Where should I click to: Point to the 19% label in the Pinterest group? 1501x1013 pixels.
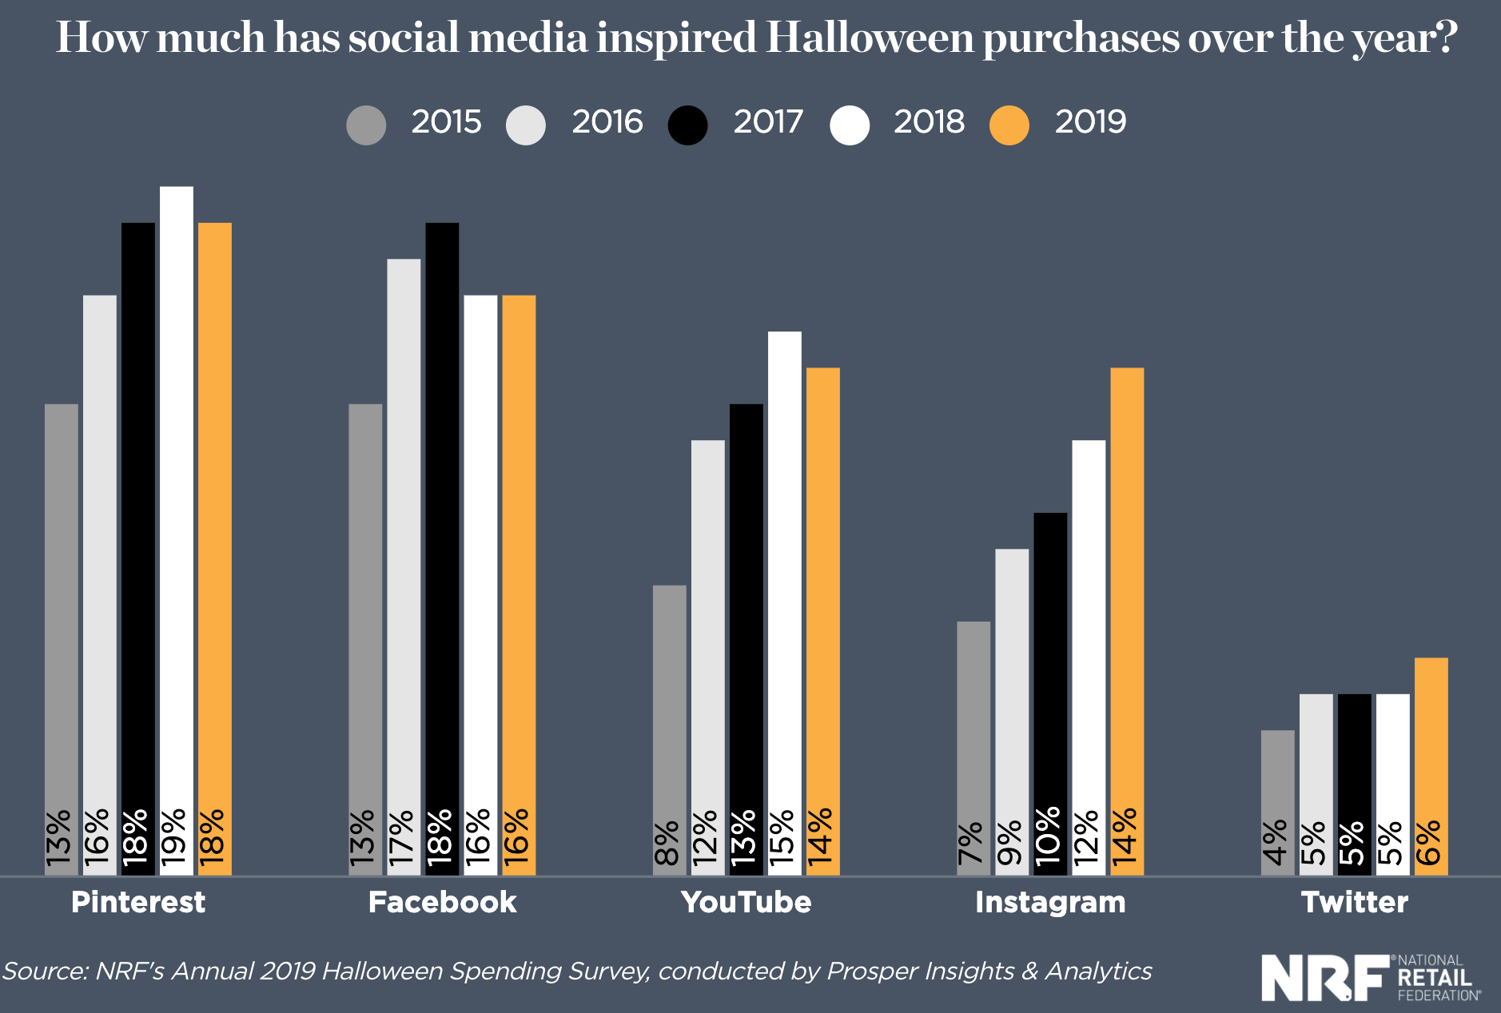(x=174, y=836)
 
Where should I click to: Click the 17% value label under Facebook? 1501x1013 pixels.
(x=402, y=836)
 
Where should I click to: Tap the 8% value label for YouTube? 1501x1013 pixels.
(x=668, y=843)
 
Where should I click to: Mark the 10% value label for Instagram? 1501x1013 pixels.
(x=1049, y=836)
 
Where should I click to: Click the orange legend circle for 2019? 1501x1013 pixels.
(x=1009, y=125)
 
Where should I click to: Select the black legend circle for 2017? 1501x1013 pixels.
(x=687, y=125)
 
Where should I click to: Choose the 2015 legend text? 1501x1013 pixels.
(x=446, y=122)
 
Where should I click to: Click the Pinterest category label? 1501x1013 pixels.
(x=138, y=902)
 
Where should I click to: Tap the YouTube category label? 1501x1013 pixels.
(x=746, y=902)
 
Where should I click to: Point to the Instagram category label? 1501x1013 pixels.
(x=1050, y=902)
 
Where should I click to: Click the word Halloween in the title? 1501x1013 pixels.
(x=870, y=38)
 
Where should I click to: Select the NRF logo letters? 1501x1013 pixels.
(x=1325, y=977)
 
